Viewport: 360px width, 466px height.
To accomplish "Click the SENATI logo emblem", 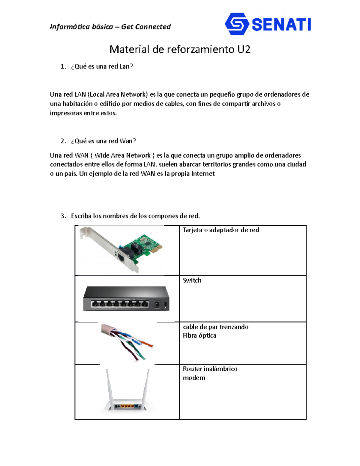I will [237, 24].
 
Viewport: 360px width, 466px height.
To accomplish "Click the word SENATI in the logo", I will [281, 25].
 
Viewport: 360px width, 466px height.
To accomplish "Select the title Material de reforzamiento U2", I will [180, 49].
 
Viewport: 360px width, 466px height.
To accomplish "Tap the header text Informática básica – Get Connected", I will [110, 27].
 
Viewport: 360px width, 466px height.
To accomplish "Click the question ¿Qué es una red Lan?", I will [102, 66].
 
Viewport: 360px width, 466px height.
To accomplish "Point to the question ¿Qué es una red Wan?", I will [103, 141].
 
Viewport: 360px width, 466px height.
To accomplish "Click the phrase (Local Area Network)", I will [118, 95].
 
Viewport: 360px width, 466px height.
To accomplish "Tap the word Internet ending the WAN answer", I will [203, 174].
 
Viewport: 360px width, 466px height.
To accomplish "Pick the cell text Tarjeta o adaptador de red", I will [221, 230].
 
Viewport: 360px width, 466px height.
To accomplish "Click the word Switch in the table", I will [192, 280].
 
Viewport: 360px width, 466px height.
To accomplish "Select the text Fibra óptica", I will [199, 335].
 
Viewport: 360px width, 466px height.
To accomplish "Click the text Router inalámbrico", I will [210, 369].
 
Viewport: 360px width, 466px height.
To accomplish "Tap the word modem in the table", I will [194, 378].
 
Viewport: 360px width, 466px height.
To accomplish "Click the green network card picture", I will [141, 248].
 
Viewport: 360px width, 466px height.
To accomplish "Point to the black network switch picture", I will [126, 299].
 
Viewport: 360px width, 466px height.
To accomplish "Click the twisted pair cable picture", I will [127, 342].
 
